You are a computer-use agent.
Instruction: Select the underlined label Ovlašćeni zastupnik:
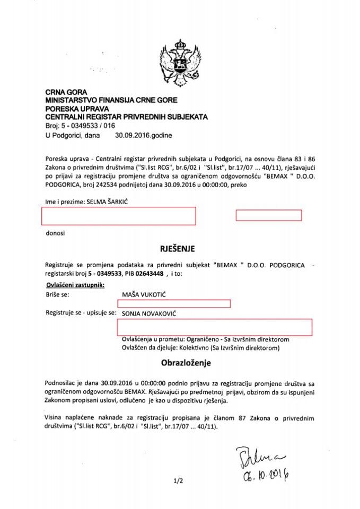[x=76, y=285]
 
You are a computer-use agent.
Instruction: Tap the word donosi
[x=55, y=233]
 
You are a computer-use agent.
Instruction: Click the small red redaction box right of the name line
[x=268, y=215]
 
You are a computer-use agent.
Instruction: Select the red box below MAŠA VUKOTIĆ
[x=173, y=303]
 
